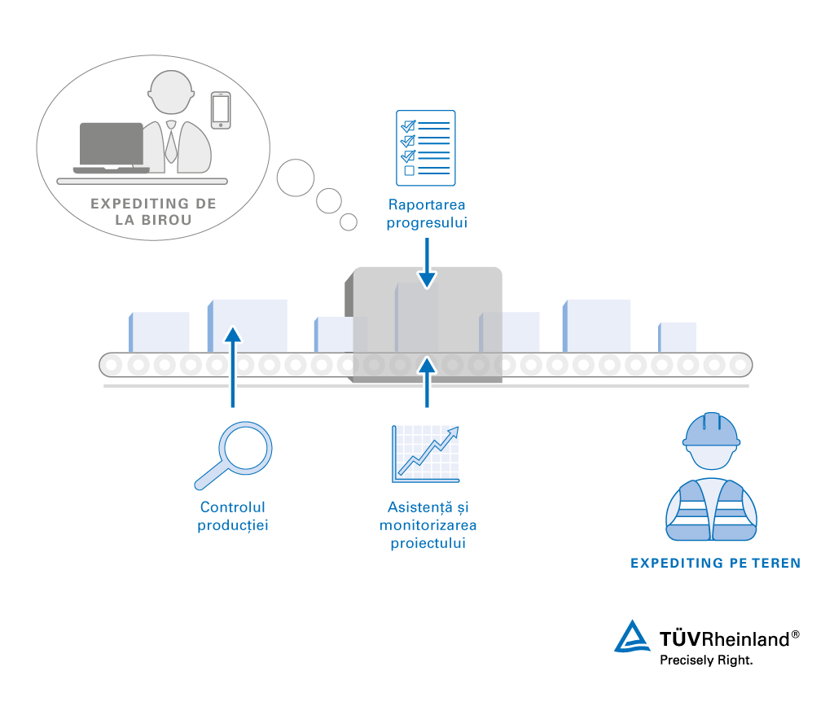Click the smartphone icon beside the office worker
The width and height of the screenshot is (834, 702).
221,110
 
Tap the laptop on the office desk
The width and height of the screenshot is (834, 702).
111,147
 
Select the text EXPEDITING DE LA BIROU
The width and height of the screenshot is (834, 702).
153,212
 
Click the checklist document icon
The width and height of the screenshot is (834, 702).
425,148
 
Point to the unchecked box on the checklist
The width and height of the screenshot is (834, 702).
410,171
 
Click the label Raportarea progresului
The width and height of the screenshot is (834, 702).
427,214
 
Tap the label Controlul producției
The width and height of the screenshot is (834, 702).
233,516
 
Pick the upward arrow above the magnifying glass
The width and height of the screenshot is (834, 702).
233,366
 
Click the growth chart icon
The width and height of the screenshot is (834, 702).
425,453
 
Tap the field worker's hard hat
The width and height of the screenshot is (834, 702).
711,431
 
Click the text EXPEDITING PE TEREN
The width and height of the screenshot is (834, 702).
716,563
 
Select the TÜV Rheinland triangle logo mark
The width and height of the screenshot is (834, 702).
633,637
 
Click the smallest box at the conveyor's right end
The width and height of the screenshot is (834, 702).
678,337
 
